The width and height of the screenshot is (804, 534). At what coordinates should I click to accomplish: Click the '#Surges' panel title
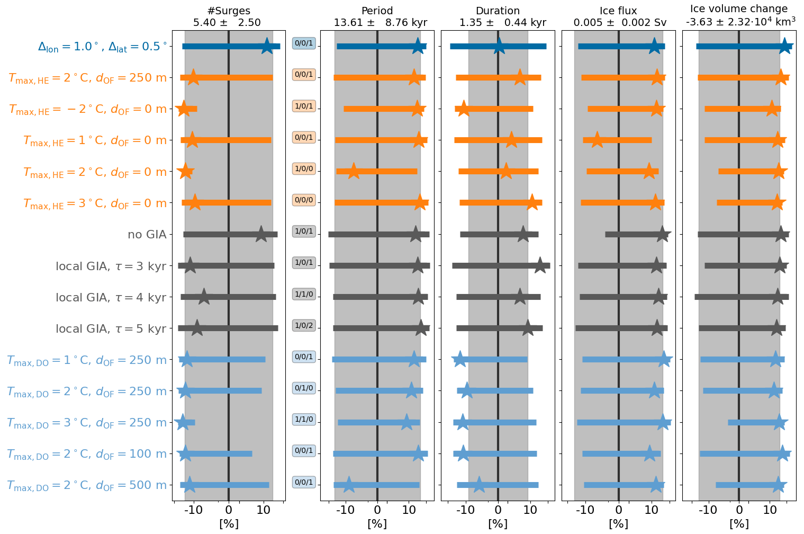pos(229,11)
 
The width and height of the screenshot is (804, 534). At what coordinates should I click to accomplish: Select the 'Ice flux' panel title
pos(618,11)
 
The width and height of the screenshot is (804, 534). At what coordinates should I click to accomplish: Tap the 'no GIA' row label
pos(147,235)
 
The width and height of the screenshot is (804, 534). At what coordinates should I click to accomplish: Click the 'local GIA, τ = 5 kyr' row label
pos(111,329)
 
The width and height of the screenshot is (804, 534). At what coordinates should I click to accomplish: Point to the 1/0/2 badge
pos(304,325)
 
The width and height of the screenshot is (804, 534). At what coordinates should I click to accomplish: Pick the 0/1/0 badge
pos(304,388)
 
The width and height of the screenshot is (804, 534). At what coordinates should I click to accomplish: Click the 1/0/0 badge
pos(304,169)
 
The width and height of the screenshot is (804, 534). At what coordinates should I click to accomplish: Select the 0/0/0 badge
pos(304,200)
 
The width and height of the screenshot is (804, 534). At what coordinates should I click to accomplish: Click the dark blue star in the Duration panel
pos(499,46)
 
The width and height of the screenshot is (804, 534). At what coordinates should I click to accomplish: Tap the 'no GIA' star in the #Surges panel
pos(261,234)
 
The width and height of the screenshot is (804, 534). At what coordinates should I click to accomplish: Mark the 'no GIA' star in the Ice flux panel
pos(663,234)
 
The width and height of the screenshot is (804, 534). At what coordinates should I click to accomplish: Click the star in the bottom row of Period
pos(349,485)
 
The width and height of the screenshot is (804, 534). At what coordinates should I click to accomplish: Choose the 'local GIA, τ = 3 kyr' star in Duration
pos(540,265)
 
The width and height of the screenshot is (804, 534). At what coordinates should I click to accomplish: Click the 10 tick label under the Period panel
pos(409,510)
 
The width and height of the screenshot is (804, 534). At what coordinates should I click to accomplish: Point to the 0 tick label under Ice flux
pos(618,510)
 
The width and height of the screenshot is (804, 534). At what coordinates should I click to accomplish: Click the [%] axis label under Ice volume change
pos(739,524)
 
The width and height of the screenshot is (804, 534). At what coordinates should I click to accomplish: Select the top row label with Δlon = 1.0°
pos(102,47)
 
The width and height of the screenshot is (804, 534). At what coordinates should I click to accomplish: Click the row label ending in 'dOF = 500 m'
pos(87,485)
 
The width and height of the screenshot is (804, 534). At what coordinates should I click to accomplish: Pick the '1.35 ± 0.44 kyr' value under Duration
pos(498,23)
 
